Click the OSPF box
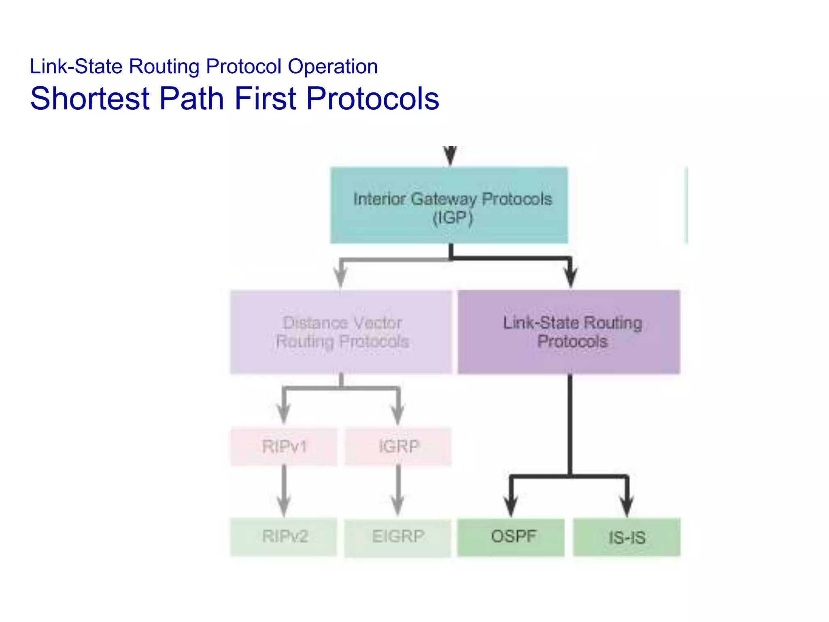[511, 537]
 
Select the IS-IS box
[627, 537]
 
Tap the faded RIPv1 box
[284, 447]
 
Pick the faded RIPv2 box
[284, 537]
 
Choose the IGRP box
[398, 447]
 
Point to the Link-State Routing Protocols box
[569, 332]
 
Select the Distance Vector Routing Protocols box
[341, 332]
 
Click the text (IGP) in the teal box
[453, 218]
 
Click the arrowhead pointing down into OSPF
[511, 506]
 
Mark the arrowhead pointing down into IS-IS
[627, 506]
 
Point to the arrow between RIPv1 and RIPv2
[284, 490]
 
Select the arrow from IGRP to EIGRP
[398, 490]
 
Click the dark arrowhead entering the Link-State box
[570, 277]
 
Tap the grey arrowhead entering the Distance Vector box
[341, 277]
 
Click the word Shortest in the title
[90, 98]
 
